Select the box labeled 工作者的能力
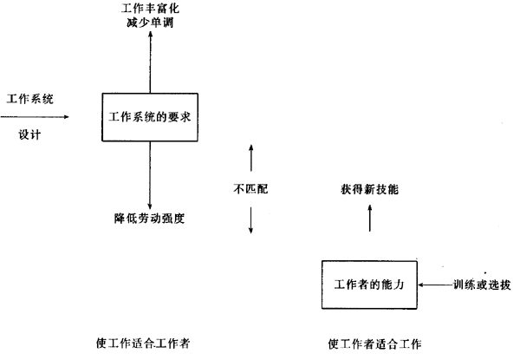coord(368,285)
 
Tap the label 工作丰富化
coord(150,9)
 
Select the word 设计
coord(29,134)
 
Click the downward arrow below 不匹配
coord(251,217)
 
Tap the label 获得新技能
coord(370,188)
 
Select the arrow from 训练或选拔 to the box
coord(433,285)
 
